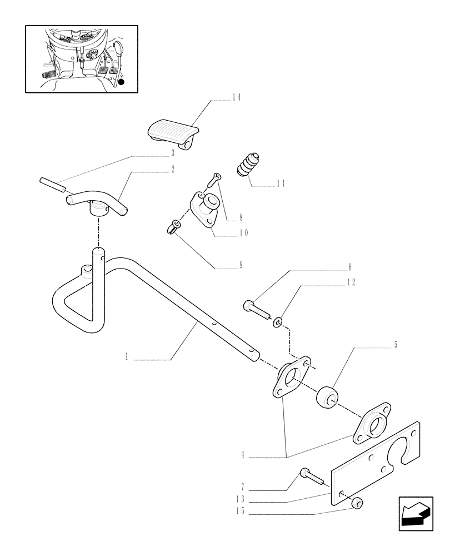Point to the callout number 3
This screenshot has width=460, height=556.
[x=173, y=152]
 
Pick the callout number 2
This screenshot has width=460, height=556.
[x=173, y=168]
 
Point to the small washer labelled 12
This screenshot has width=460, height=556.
[x=278, y=321]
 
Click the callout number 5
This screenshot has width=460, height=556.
[x=395, y=345]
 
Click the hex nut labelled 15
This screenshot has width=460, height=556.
[x=356, y=504]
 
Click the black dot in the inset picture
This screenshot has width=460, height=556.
[x=121, y=82]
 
